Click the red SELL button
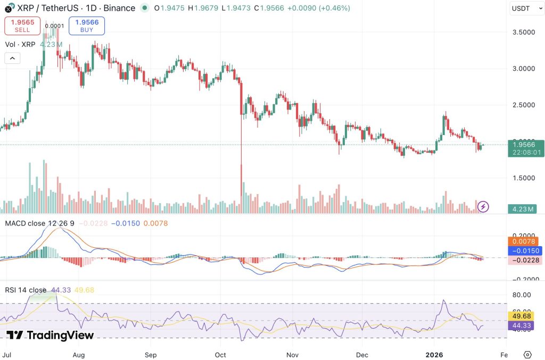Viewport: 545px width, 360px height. pyautogui.click(x=22, y=26)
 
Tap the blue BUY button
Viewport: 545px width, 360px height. pyautogui.click(x=87, y=26)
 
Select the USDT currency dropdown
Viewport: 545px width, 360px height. pyautogui.click(x=524, y=8)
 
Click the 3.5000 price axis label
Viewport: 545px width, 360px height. pyautogui.click(x=523, y=32)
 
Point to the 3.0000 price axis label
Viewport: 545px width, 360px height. pyautogui.click(x=523, y=69)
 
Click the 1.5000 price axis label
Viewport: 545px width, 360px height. pyautogui.click(x=523, y=178)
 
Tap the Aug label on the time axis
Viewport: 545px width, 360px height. pyautogui.click(x=79, y=354)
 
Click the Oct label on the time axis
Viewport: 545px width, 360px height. pyautogui.click(x=221, y=354)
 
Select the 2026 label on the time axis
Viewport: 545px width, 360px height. pyautogui.click(x=435, y=354)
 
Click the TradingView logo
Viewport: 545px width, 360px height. pyautogui.click(x=51, y=335)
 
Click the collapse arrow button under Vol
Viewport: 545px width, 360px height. pyautogui.click(x=13, y=58)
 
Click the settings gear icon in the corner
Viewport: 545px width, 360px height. pyautogui.click(x=527, y=354)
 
